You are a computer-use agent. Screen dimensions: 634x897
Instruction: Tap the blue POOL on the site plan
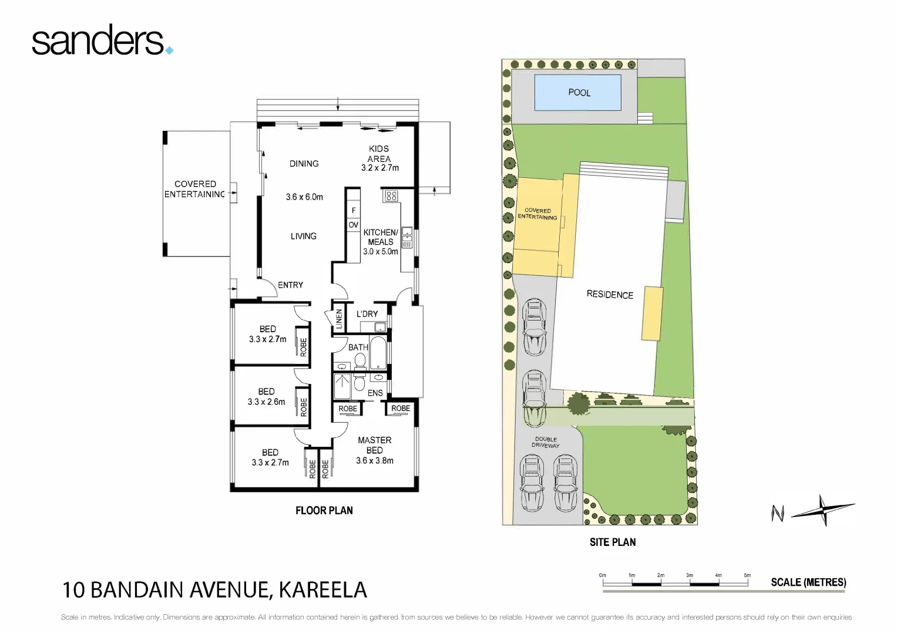(x=577, y=93)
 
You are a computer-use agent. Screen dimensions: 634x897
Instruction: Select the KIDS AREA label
(x=379, y=154)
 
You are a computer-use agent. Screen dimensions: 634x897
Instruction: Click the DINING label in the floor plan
(x=304, y=164)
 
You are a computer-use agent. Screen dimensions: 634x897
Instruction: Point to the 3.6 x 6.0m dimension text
(x=304, y=197)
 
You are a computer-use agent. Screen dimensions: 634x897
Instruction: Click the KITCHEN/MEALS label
(x=380, y=237)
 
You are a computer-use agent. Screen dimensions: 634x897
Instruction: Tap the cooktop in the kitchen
(x=391, y=195)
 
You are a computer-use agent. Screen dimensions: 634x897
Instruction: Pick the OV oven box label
(x=353, y=225)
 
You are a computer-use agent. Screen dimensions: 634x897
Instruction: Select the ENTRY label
(x=290, y=285)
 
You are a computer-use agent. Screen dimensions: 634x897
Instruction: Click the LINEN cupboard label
(x=339, y=318)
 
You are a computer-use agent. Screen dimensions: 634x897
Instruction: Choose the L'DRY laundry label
(x=367, y=314)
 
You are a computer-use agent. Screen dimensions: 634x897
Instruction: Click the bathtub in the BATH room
(x=378, y=352)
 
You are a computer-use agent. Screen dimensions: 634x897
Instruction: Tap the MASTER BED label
(x=374, y=445)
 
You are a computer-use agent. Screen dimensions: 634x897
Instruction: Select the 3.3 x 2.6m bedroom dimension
(x=266, y=402)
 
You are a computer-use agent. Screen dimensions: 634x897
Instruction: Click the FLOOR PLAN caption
(x=324, y=511)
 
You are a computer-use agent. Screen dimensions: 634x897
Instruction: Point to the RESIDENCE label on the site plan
(x=610, y=294)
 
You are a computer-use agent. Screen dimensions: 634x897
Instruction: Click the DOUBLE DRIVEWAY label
(x=546, y=442)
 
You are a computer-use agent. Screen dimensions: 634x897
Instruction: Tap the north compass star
(x=823, y=510)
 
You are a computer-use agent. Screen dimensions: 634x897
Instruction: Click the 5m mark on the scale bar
(x=747, y=576)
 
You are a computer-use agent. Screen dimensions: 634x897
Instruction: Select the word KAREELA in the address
(x=322, y=590)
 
